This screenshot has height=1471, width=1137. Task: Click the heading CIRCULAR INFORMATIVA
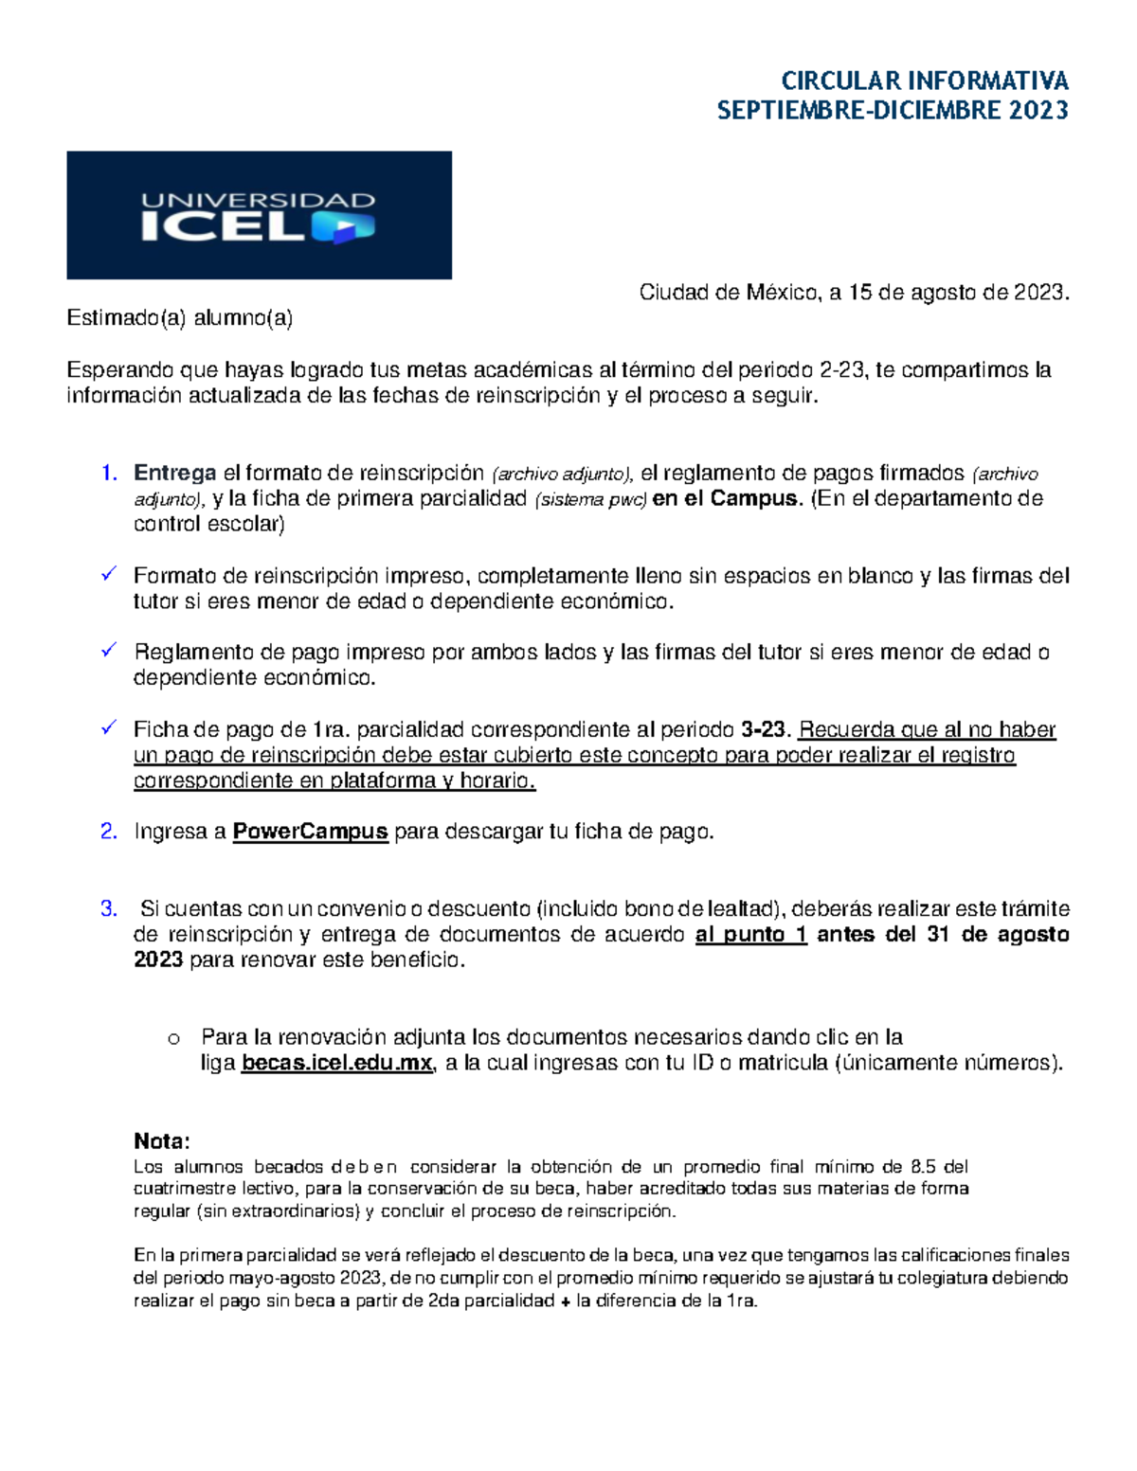click(x=924, y=81)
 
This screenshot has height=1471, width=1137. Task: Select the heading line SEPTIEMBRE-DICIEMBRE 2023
click(x=893, y=111)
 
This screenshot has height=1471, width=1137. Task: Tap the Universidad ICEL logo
click(x=259, y=215)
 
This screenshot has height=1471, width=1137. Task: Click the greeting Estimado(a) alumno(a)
click(x=180, y=318)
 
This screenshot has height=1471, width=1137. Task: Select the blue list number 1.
click(x=109, y=474)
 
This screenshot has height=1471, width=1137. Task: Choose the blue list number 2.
click(x=109, y=832)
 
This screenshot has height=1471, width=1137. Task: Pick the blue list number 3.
click(x=109, y=909)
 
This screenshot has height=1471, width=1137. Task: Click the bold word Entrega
click(x=175, y=474)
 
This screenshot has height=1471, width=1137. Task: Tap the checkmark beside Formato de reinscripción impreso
click(x=109, y=574)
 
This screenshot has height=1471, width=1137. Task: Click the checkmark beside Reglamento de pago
click(x=109, y=651)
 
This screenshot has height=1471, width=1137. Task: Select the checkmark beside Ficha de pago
click(x=109, y=727)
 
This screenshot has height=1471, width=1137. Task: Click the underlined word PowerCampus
click(x=310, y=832)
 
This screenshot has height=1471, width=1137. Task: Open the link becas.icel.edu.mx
click(x=337, y=1063)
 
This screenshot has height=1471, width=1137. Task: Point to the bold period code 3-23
click(x=764, y=729)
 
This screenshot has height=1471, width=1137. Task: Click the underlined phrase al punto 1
click(x=750, y=935)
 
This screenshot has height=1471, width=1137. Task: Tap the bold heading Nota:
click(x=162, y=1140)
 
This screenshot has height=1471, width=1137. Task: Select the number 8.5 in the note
click(x=923, y=1167)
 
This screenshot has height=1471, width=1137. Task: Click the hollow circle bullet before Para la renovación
click(x=173, y=1039)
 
